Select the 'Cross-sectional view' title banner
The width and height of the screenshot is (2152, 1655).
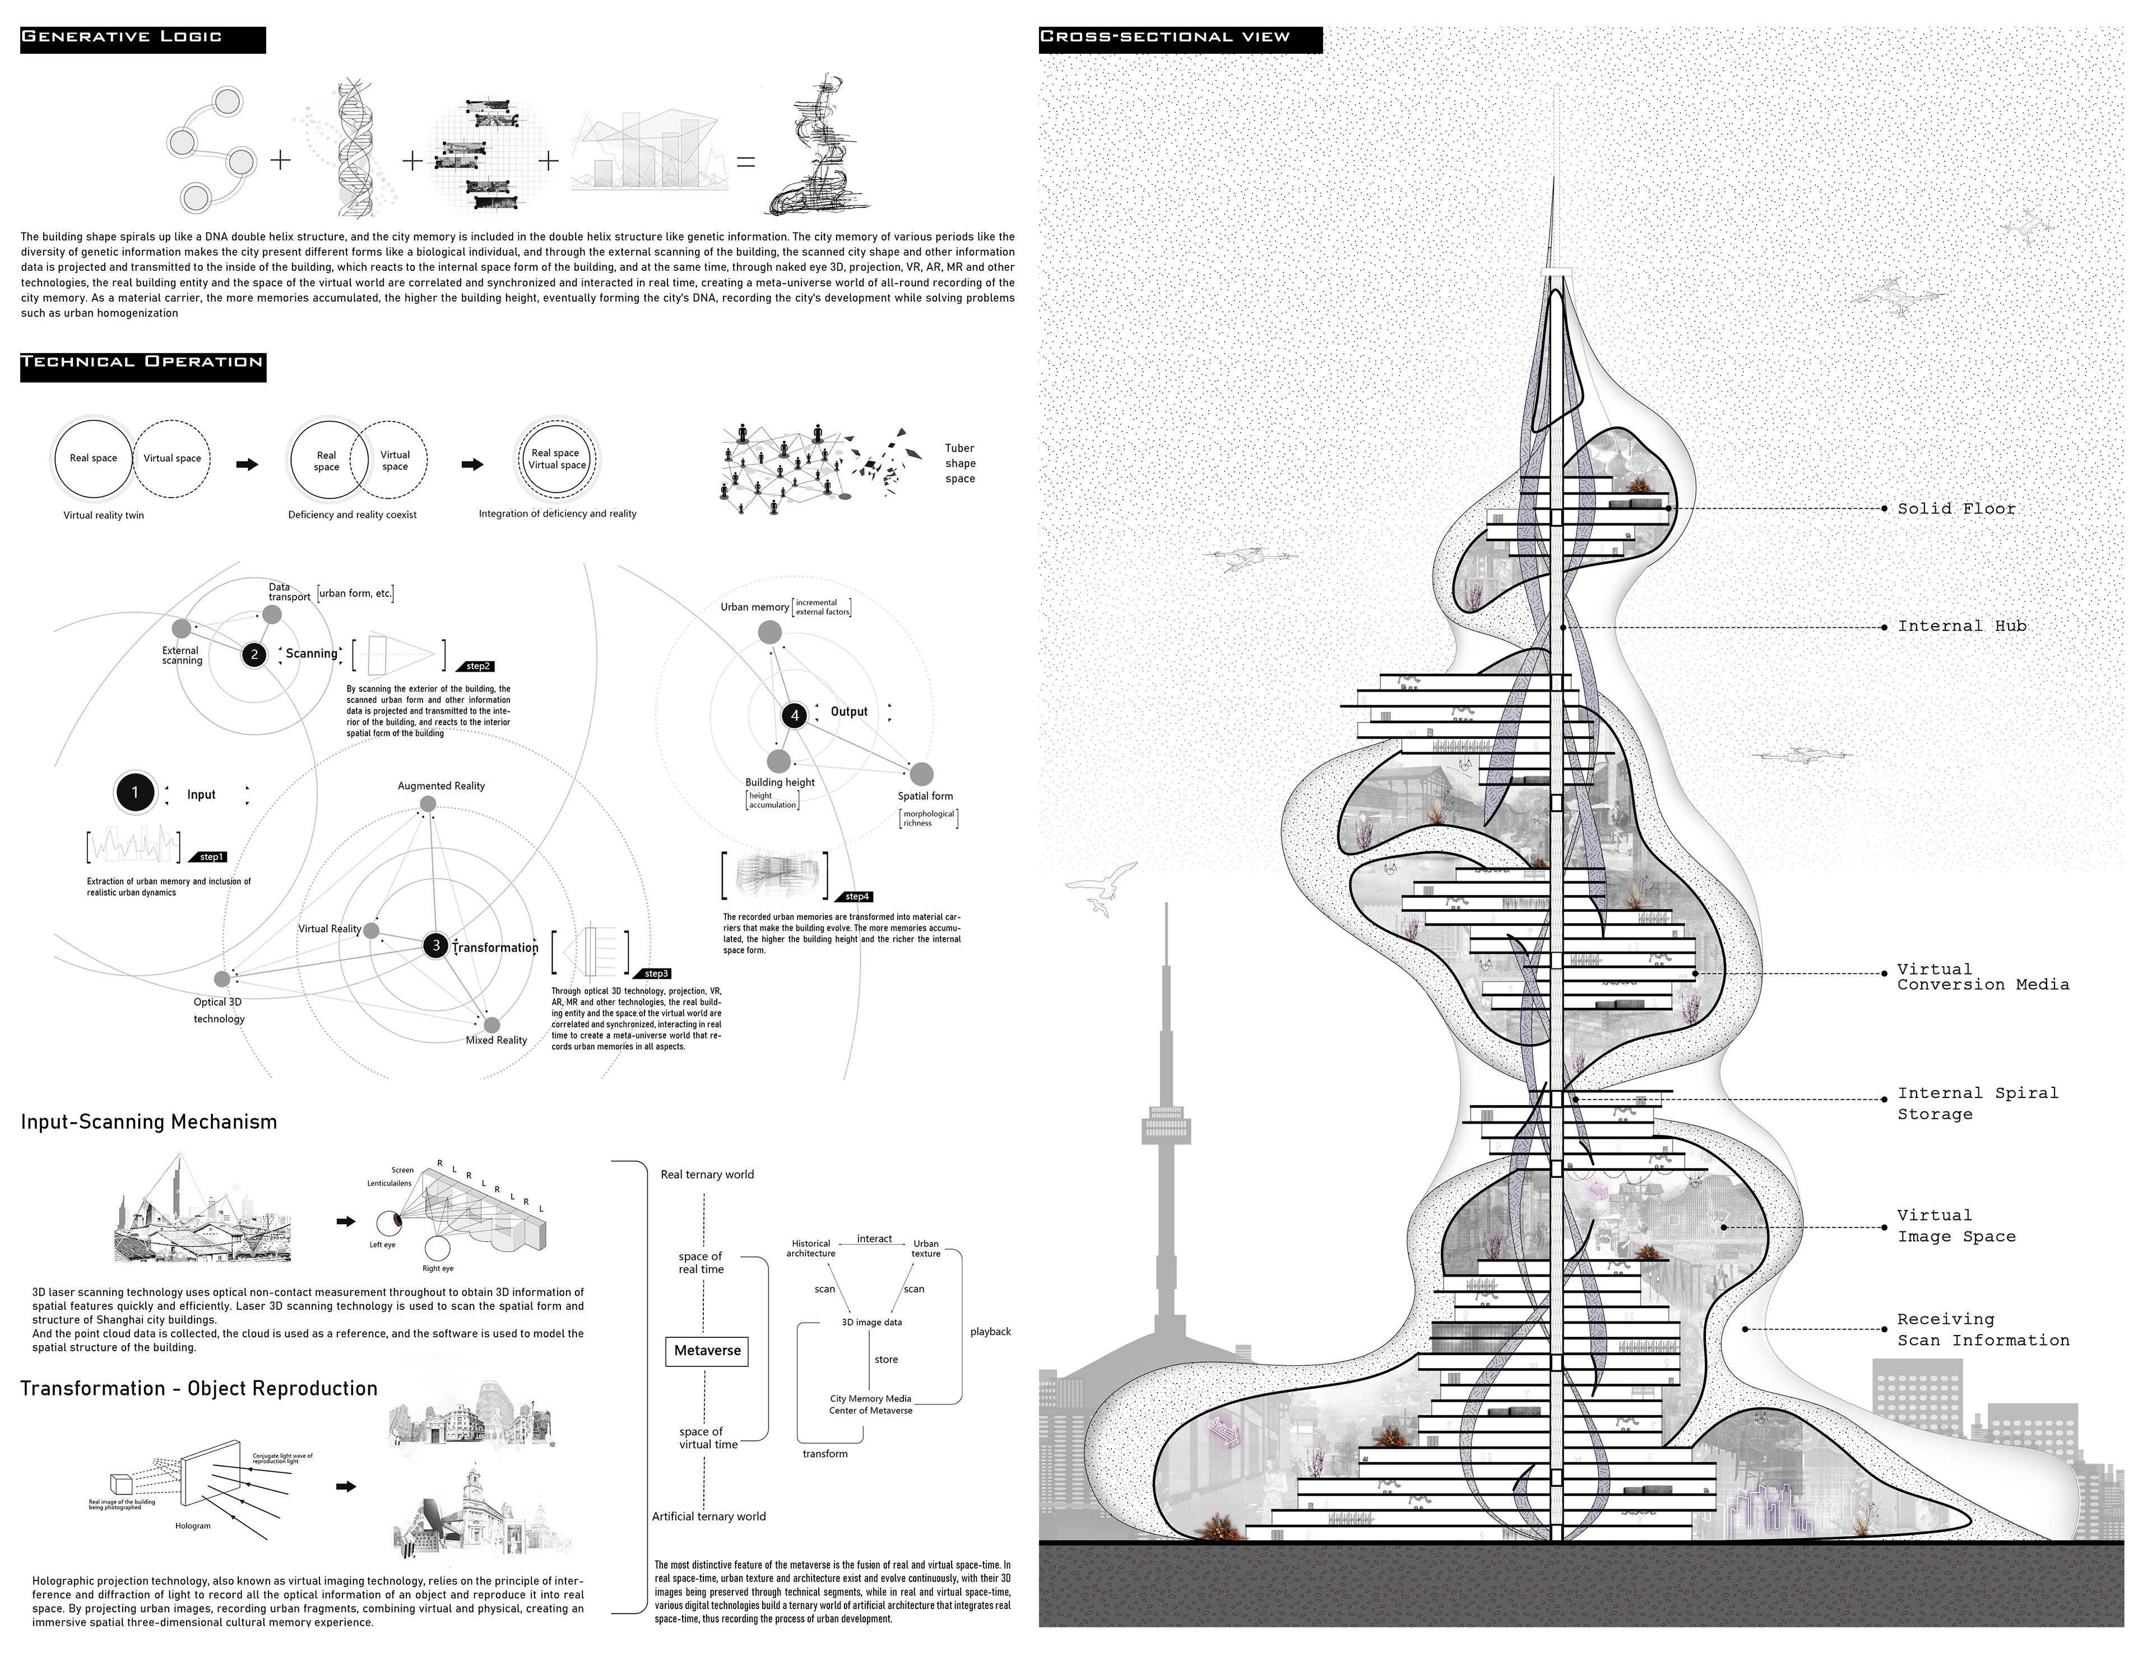pos(1179,39)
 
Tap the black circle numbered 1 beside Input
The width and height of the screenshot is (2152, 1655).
pos(135,792)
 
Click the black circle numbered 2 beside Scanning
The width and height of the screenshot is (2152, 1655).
pos(254,654)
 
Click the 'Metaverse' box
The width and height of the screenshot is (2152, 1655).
pos(707,1351)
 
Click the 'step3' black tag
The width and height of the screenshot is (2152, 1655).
pos(655,973)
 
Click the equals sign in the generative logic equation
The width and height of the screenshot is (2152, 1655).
pos(745,161)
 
